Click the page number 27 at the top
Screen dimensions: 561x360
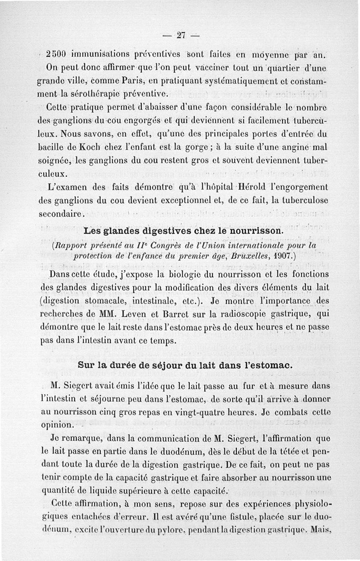(x=182, y=35)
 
